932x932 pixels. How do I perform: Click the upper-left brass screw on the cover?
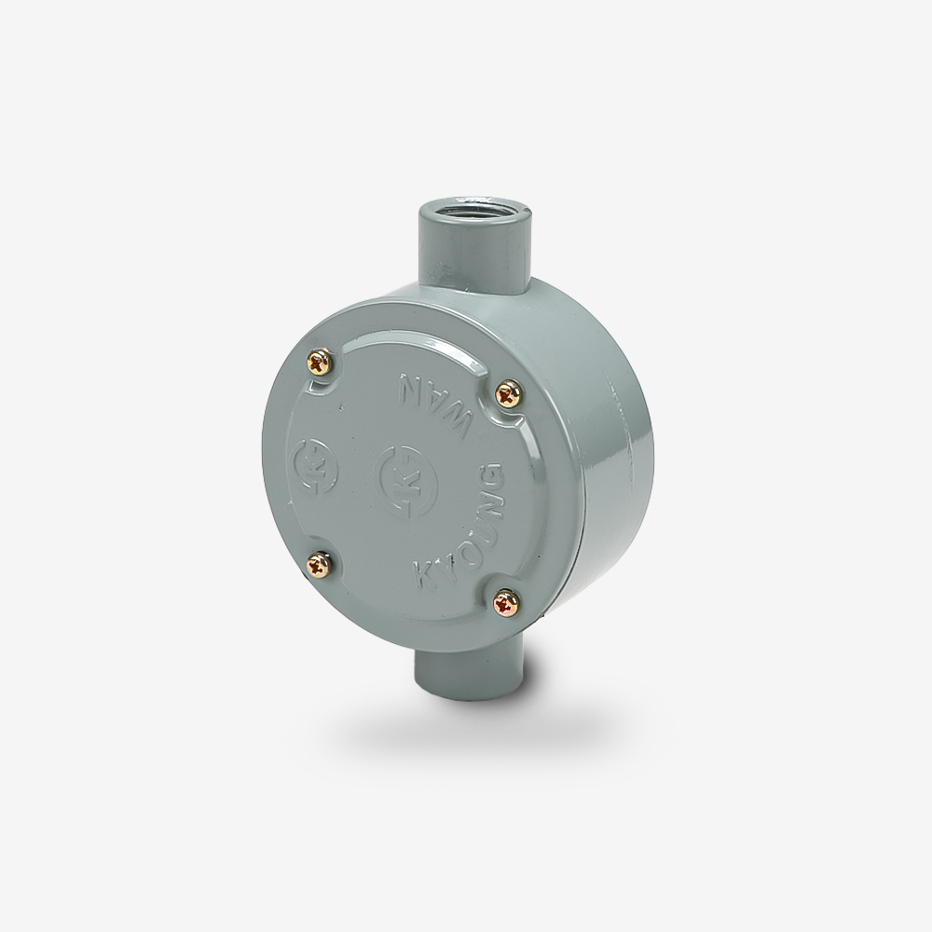point(320,362)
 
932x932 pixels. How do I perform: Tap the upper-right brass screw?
point(509,392)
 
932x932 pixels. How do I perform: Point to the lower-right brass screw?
point(507,603)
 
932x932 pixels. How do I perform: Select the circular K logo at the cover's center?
point(404,473)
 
